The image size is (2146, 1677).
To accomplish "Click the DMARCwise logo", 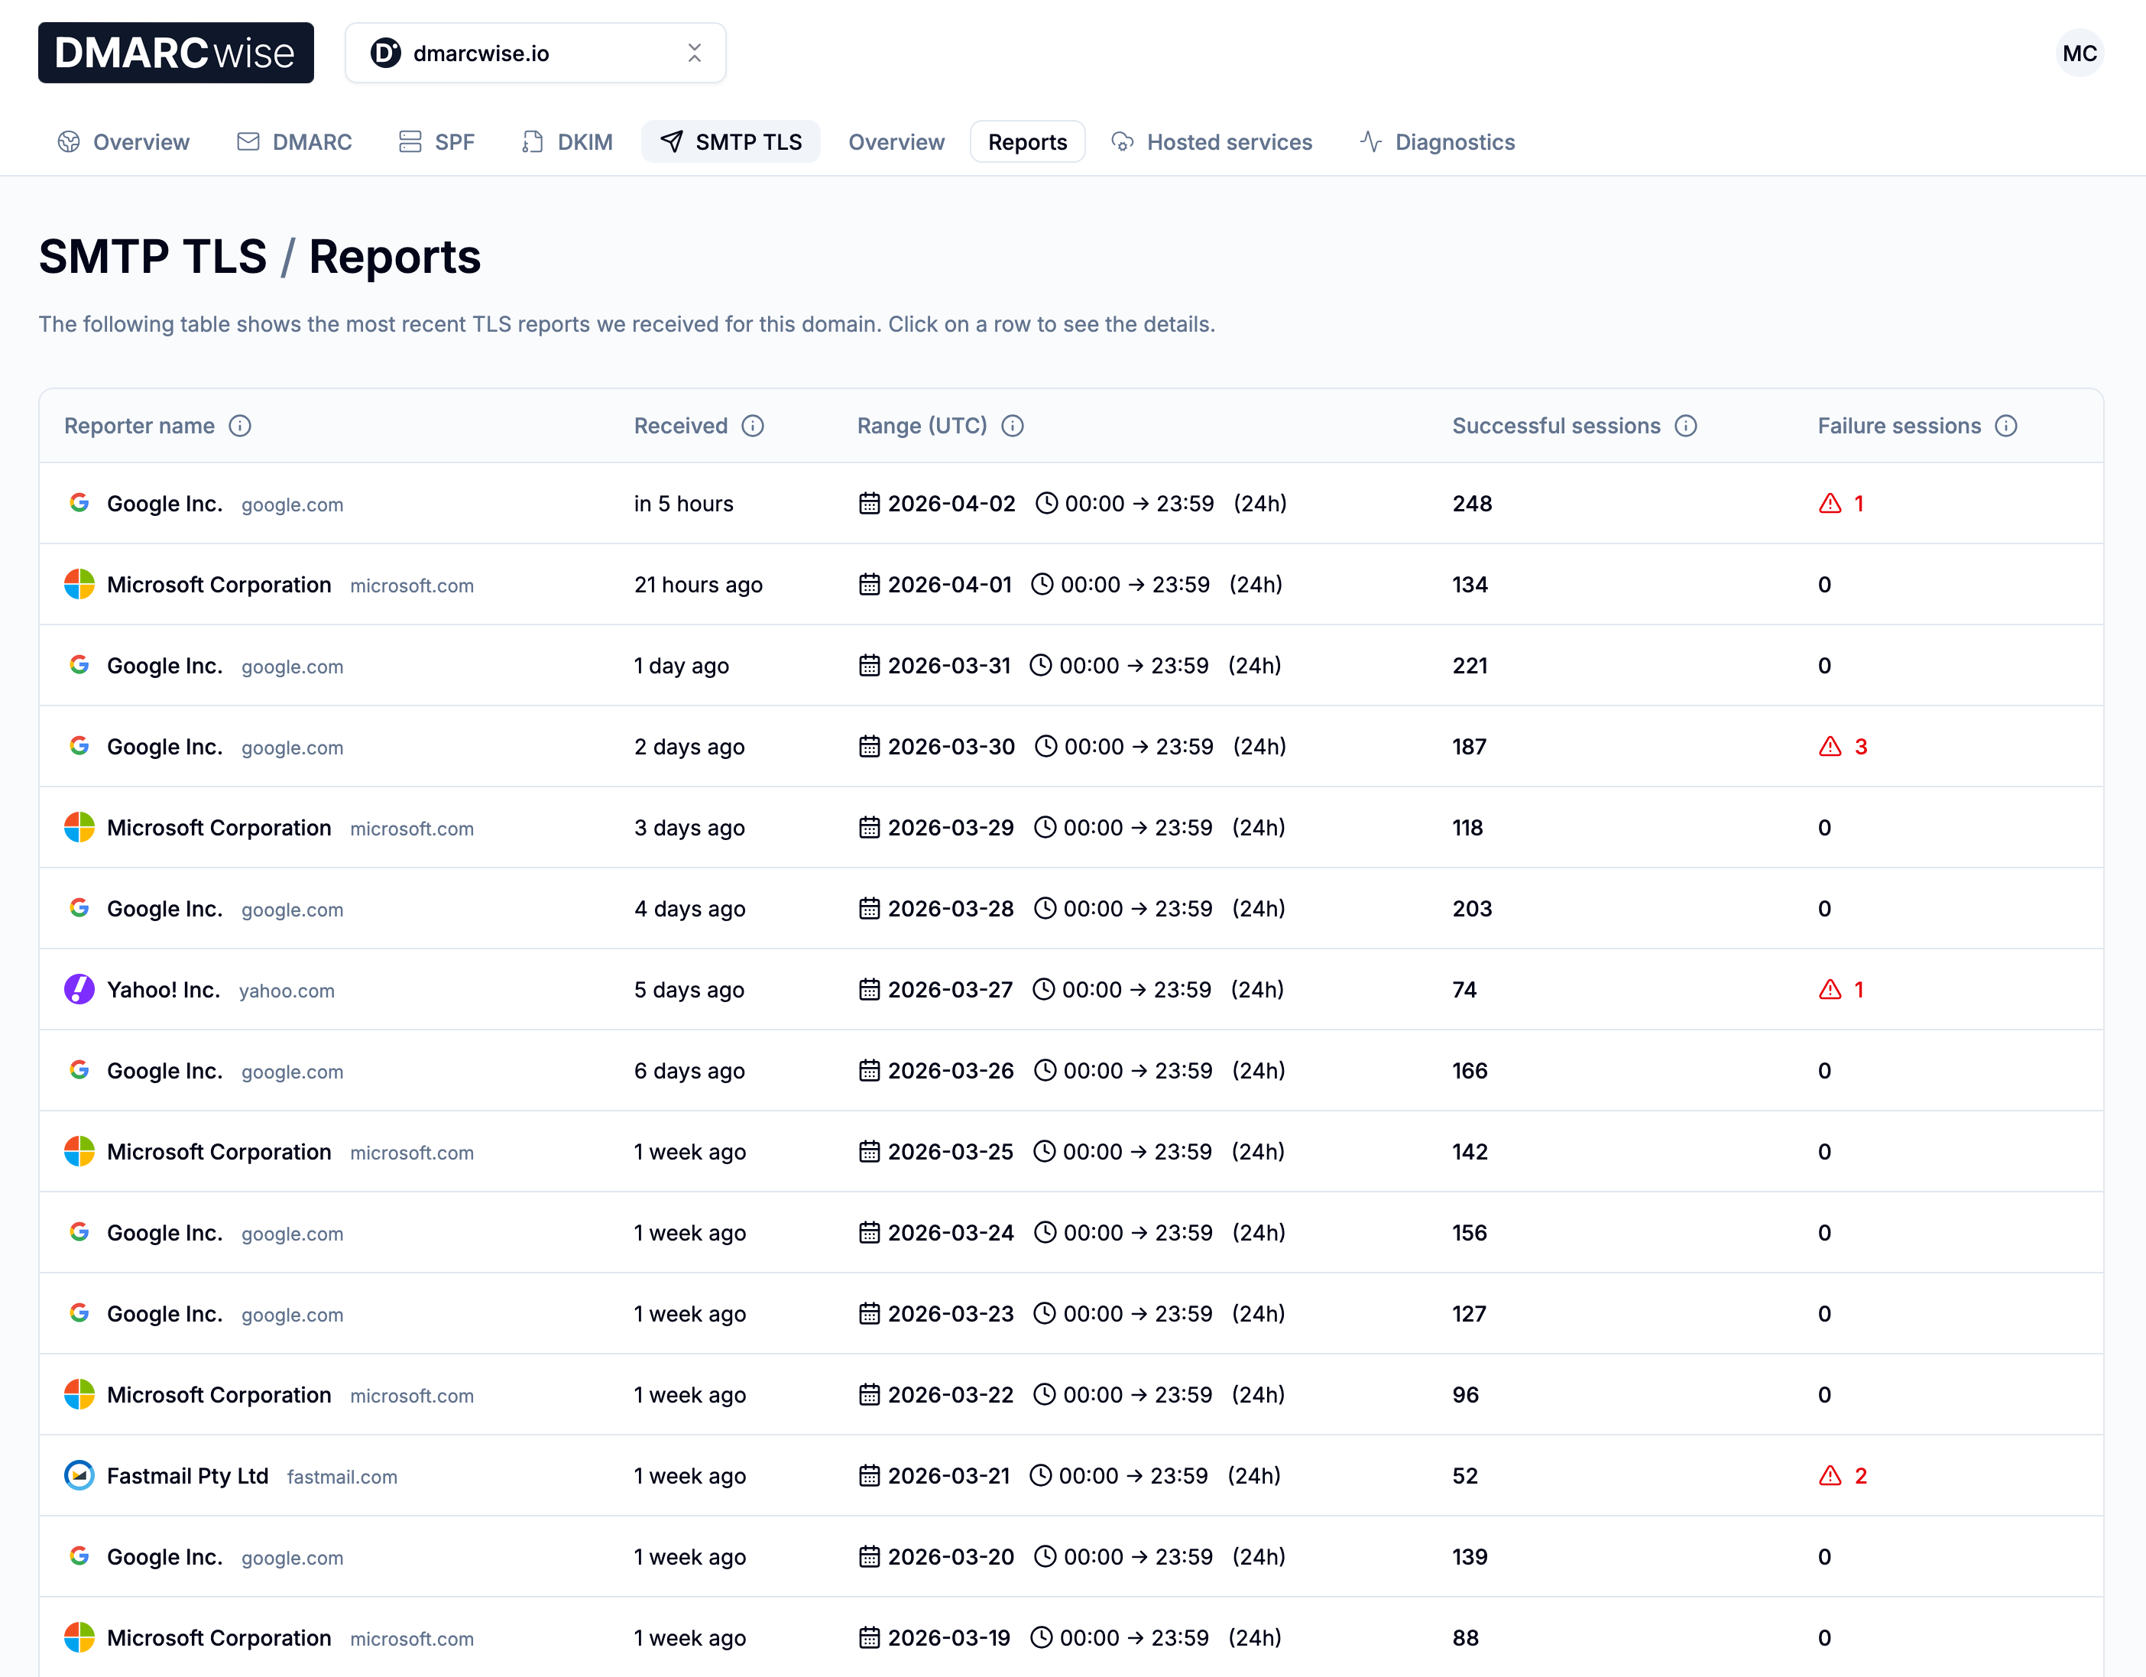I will click(x=176, y=53).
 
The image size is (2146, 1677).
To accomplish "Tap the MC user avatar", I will click(x=2078, y=53).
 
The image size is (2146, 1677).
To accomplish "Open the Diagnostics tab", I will click(x=1437, y=142).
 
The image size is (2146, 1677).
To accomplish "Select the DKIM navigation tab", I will click(x=567, y=142).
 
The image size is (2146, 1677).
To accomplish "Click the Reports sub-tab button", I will click(x=1027, y=142).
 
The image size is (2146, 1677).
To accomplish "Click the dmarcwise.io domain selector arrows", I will click(x=694, y=53).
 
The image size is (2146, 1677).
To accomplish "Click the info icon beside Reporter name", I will click(x=240, y=426).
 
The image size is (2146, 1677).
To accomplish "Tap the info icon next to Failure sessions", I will click(x=2005, y=426).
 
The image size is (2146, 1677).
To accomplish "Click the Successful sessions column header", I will click(x=1555, y=426).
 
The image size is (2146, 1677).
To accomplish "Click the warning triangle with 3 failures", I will click(x=1830, y=747).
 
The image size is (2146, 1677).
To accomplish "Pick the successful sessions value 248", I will click(x=1472, y=503).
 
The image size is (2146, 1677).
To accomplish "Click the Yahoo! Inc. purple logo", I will click(x=79, y=989).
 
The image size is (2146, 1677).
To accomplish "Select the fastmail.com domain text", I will click(x=342, y=1477).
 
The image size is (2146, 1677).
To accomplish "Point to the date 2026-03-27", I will click(x=949, y=990).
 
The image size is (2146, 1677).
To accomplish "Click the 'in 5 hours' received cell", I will click(x=683, y=503).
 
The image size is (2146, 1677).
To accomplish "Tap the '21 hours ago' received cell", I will click(x=698, y=585).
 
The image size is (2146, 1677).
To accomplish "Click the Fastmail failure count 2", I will click(x=1860, y=1475).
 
